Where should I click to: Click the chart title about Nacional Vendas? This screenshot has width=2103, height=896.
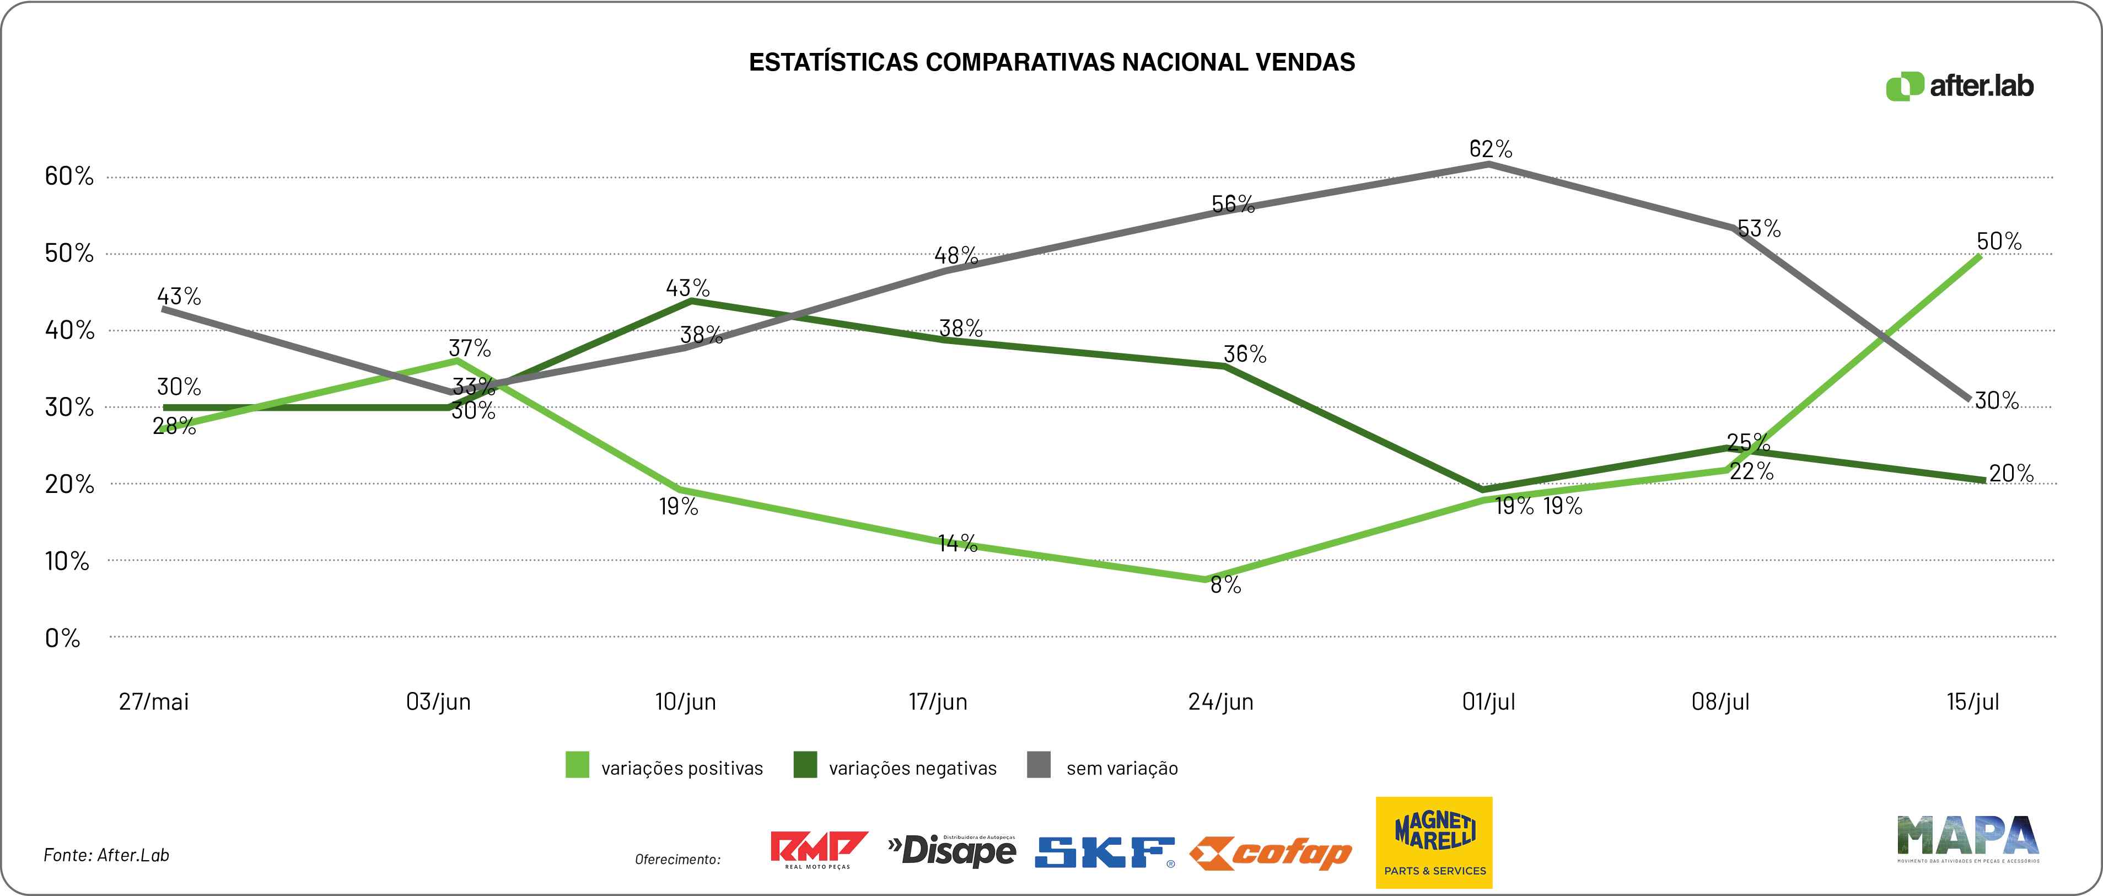click(x=1052, y=62)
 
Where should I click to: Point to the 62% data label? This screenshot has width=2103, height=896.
click(x=1491, y=149)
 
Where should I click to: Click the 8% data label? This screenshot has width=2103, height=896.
click(x=1225, y=585)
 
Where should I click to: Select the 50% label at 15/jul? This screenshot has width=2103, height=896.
click(x=1998, y=241)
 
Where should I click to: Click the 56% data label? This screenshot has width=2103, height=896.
click(x=1233, y=203)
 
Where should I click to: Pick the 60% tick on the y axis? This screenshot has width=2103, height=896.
click(x=69, y=175)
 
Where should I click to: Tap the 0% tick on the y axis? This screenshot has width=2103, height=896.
click(x=63, y=638)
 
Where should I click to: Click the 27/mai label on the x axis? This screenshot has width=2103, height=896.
click(x=153, y=701)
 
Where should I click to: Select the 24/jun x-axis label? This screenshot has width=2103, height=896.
click(x=1220, y=701)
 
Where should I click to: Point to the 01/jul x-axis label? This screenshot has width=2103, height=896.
click(x=1488, y=701)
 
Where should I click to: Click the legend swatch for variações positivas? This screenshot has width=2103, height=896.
click(x=577, y=765)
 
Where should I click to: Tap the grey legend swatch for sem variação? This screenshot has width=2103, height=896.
click(x=1039, y=765)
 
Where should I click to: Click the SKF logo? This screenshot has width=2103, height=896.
click(x=1104, y=852)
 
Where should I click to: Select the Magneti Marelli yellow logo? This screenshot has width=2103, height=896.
click(x=1434, y=842)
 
